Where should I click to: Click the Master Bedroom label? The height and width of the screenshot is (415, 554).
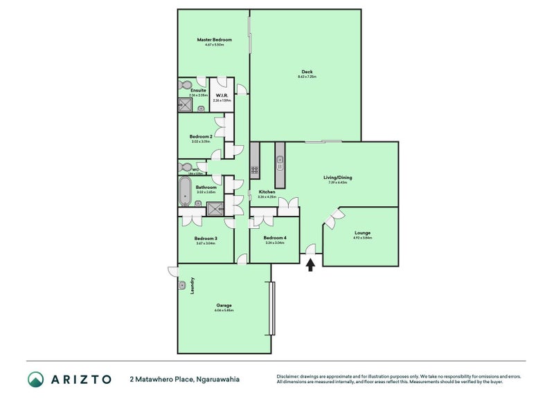pyautogui.click(x=214, y=40)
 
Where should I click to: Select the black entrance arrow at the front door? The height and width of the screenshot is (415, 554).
pyautogui.click(x=311, y=264)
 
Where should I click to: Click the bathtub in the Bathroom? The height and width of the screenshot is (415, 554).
pyautogui.click(x=185, y=191)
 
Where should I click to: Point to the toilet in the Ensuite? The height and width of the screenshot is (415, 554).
pyautogui.click(x=185, y=84)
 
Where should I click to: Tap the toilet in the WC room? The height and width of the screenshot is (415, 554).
pyautogui.click(x=185, y=167)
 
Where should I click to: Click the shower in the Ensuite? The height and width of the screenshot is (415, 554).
pyautogui.click(x=186, y=105)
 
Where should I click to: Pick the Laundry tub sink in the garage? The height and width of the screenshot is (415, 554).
pyautogui.click(x=183, y=285)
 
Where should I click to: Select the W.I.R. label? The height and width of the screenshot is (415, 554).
pyautogui.click(x=222, y=95)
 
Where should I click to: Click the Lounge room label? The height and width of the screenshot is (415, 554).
pyautogui.click(x=362, y=233)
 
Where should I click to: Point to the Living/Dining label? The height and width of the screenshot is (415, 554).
pyautogui.click(x=338, y=178)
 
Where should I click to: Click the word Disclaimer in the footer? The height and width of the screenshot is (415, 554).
pyautogui.click(x=289, y=376)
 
